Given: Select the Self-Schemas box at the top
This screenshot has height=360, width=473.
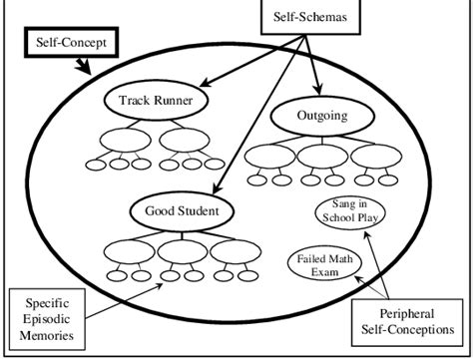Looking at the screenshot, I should (x=310, y=18).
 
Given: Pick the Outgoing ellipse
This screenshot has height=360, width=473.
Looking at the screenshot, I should (x=321, y=117).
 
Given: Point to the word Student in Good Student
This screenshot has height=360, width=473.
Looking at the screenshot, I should (x=199, y=211).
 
